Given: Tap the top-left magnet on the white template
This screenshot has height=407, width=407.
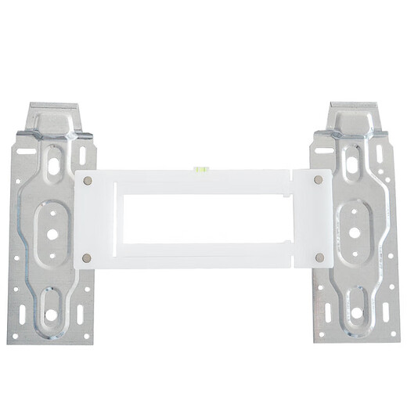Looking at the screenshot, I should [x=88, y=180].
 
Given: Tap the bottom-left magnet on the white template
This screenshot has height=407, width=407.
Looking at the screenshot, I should [x=87, y=258].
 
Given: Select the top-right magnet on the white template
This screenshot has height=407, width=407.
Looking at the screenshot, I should [x=319, y=180].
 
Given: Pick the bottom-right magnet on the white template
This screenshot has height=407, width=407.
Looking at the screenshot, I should [x=319, y=257].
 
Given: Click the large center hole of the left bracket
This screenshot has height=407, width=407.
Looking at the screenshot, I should [x=52, y=233].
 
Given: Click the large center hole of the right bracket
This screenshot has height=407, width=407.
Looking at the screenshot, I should [x=354, y=232].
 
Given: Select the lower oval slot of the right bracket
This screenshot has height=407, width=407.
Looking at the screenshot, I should [x=356, y=308].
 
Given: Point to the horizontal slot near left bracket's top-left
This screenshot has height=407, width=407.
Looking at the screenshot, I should [x=26, y=148].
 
